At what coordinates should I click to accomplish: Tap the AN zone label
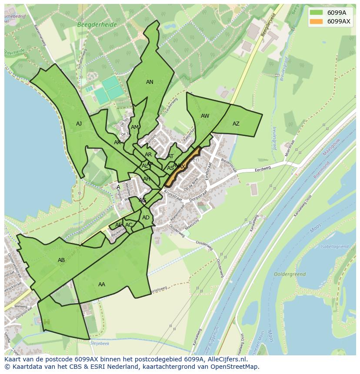pos(150,82)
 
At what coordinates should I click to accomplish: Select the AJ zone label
pos(79,124)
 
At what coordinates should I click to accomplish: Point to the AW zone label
pos(205,116)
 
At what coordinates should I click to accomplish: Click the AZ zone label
pos(236,124)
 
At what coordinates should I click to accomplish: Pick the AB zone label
pos(61,260)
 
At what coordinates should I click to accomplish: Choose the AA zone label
pos(102,285)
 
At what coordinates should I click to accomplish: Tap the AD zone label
pos(146,218)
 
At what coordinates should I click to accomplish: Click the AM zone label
pos(135,127)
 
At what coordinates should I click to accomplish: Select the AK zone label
pos(117,142)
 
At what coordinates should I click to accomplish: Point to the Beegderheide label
pos(97,25)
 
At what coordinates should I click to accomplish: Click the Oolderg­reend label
pos(290,275)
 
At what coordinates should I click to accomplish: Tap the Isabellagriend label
pos(335,246)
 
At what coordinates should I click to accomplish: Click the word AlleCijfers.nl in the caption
pos(226,359)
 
